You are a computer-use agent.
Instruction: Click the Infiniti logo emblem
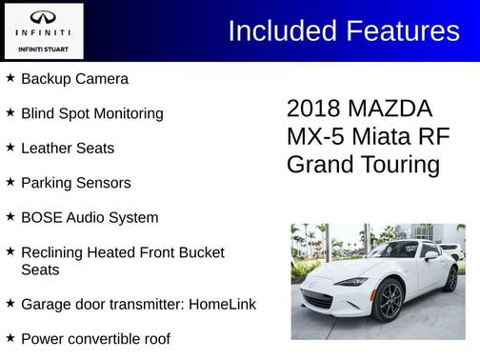(43, 18)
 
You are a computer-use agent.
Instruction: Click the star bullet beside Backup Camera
(10, 77)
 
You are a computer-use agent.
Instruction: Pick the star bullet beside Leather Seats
(10, 147)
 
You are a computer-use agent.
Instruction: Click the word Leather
(49, 149)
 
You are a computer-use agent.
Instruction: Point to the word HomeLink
(221, 305)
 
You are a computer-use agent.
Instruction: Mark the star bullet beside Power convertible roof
(10, 337)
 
